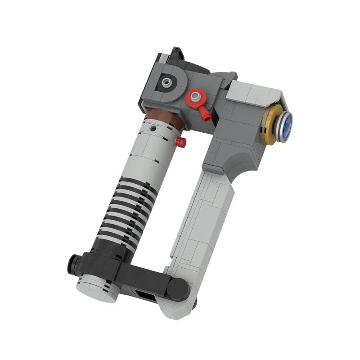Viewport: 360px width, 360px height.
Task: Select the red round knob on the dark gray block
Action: tap(195, 96)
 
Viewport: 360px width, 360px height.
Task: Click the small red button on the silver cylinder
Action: tap(181, 143)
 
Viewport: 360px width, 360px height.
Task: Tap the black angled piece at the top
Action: tap(176, 54)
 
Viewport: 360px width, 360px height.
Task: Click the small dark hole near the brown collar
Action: tap(154, 129)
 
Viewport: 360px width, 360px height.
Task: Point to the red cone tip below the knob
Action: tap(207, 117)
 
